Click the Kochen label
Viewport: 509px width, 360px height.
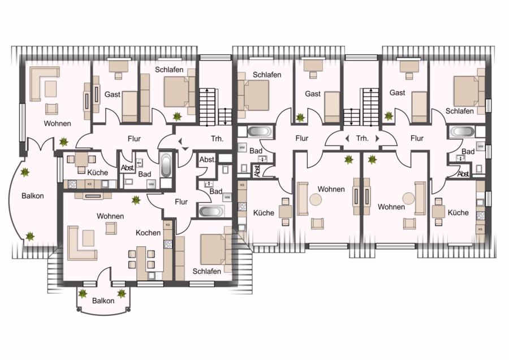click(148, 233)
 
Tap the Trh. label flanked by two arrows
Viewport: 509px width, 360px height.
click(363, 139)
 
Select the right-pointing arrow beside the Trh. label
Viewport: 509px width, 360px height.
click(377, 139)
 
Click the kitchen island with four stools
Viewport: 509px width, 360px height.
click(141, 263)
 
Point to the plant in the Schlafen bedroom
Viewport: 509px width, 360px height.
click(177, 116)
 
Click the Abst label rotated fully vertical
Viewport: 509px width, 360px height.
click(257, 170)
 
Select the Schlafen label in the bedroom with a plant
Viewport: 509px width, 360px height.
click(169, 70)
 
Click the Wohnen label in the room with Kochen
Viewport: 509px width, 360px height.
click(110, 216)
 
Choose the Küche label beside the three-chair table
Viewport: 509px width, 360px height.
click(97, 172)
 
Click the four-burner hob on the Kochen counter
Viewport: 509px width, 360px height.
click(168, 244)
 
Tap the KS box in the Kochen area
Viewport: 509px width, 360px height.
click(168, 225)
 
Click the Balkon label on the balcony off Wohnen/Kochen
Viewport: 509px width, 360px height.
click(103, 301)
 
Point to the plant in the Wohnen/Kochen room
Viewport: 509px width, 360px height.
click(136, 200)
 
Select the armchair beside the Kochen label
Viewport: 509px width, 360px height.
click(111, 228)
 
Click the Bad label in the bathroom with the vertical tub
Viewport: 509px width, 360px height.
click(144, 174)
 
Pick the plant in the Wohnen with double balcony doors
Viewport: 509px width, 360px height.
click(63, 142)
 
